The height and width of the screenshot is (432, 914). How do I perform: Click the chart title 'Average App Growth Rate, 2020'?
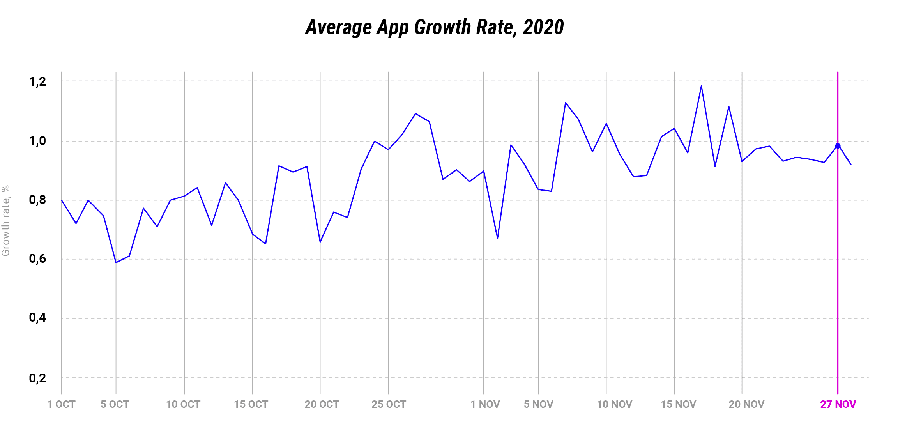tap(434, 27)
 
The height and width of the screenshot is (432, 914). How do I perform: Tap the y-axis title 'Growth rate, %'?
tap(6, 221)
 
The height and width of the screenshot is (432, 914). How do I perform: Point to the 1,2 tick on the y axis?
tap(37, 82)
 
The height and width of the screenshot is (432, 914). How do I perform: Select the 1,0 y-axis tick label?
tap(37, 141)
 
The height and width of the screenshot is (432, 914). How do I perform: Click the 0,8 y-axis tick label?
tap(37, 200)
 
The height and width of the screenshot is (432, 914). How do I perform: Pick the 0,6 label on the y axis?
tap(37, 259)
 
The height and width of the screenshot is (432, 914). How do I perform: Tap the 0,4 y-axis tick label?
tap(37, 318)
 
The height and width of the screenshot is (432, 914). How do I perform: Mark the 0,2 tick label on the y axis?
tap(37, 378)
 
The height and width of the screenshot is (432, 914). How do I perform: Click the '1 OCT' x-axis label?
tap(61, 404)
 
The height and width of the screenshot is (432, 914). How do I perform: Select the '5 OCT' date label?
tap(115, 404)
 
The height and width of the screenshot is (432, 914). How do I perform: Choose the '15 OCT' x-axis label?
tap(251, 404)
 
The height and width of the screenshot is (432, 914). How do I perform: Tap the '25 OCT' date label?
tap(389, 404)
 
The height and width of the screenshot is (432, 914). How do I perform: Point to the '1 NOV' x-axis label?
tap(485, 404)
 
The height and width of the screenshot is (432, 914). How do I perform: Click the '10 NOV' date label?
tap(615, 404)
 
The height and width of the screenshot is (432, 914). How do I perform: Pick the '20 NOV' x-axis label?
tap(746, 404)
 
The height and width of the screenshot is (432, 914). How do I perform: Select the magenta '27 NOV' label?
tap(838, 404)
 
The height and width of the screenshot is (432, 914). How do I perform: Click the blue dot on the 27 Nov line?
tap(838, 146)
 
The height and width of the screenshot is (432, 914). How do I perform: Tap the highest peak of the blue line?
tap(701, 86)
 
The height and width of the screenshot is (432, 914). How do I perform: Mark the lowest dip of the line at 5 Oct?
tap(116, 262)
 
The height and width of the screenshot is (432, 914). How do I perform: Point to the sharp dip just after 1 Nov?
tap(497, 238)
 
